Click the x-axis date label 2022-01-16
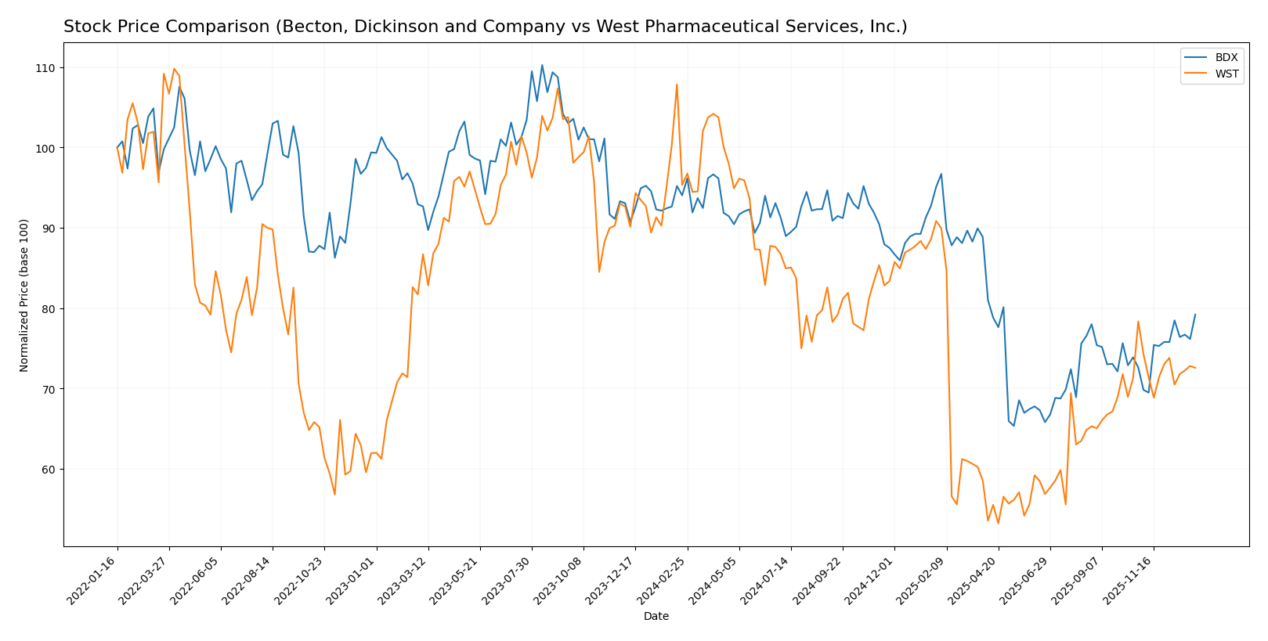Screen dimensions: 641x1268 (x=93, y=579)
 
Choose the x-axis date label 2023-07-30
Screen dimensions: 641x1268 (x=508, y=579)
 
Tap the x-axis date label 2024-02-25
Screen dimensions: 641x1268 (x=663, y=579)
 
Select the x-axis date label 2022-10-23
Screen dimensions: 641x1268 (x=300, y=579)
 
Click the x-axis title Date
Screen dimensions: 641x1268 (x=656, y=617)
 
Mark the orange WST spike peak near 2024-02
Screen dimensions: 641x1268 (x=677, y=85)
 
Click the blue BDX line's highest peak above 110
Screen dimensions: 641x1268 (x=542, y=65)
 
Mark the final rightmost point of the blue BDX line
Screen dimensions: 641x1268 (x=1195, y=315)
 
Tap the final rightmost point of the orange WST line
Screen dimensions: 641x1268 (x=1195, y=368)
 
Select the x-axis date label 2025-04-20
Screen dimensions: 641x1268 (x=974, y=579)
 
